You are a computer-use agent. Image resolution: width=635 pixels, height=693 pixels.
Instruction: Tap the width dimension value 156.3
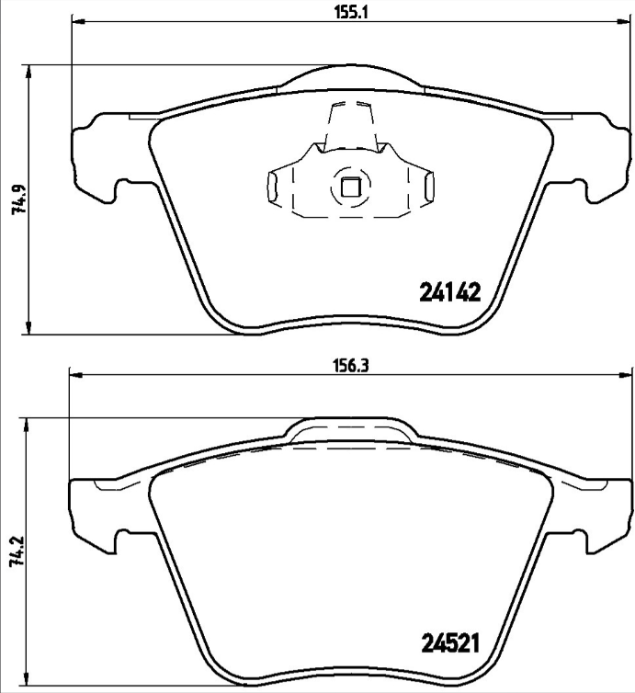pyautogui.click(x=349, y=364)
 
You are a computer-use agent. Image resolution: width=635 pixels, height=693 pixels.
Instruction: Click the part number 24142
pyautogui.click(x=450, y=292)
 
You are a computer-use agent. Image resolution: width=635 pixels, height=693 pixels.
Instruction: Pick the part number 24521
pyautogui.click(x=451, y=642)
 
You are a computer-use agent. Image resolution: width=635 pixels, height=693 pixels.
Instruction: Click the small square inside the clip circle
pyautogui.click(x=349, y=187)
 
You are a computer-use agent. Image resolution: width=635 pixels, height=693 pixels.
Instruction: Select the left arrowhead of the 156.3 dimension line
pyautogui.click(x=75, y=374)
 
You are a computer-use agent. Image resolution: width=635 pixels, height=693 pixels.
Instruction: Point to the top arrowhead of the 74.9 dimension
pyautogui.click(x=31, y=71)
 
